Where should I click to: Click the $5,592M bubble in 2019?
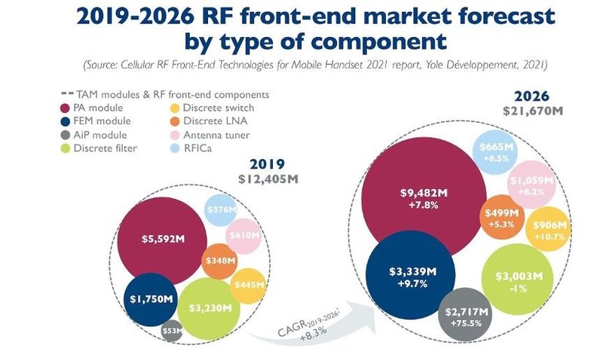[162, 241]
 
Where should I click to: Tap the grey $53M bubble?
[172, 331]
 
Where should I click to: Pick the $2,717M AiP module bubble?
[466, 315]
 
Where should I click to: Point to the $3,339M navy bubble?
[410, 275]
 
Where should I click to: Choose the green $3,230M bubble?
[210, 309]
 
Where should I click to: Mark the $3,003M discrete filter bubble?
[517, 279]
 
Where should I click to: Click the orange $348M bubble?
[219, 261]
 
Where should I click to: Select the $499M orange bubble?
[502, 217]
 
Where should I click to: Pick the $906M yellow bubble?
[549, 229]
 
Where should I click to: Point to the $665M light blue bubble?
[495, 152]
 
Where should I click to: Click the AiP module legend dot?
[66, 135]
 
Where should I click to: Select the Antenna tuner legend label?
[216, 135]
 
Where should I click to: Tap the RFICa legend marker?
[175, 148]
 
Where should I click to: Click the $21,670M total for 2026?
[533, 111]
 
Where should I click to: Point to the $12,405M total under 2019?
[268, 179]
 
